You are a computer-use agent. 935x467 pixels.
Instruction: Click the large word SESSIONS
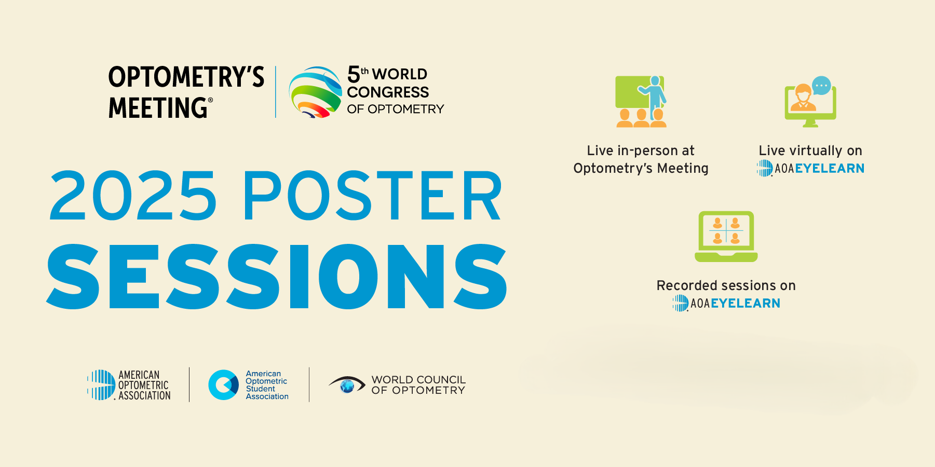[277, 277]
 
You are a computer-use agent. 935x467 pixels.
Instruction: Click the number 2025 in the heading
[133, 196]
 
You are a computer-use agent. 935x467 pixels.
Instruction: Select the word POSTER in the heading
[372, 196]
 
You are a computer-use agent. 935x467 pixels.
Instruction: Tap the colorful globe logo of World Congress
[315, 92]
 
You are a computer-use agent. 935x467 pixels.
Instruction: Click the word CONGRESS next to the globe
[388, 92]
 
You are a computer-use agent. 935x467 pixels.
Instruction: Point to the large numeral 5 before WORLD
[354, 75]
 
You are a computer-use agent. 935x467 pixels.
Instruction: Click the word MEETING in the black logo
[158, 108]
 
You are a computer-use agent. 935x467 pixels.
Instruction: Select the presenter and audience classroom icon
[641, 102]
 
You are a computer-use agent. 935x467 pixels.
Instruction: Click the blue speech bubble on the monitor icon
[821, 85]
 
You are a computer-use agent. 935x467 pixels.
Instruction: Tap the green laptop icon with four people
[726, 236]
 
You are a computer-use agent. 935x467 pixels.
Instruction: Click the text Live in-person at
[641, 150]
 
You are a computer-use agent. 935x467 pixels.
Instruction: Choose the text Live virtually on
[810, 150]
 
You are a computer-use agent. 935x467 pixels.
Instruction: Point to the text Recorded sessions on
[726, 285]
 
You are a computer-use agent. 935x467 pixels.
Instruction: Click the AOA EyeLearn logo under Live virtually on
[810, 168]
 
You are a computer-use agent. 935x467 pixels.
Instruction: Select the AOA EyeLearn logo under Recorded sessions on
[726, 303]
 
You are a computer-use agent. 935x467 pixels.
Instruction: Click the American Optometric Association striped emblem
[101, 384]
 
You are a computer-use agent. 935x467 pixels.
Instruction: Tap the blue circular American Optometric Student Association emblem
[223, 384]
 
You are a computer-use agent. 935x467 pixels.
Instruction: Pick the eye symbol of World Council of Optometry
[347, 384]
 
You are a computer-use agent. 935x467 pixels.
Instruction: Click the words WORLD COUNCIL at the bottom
[418, 380]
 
